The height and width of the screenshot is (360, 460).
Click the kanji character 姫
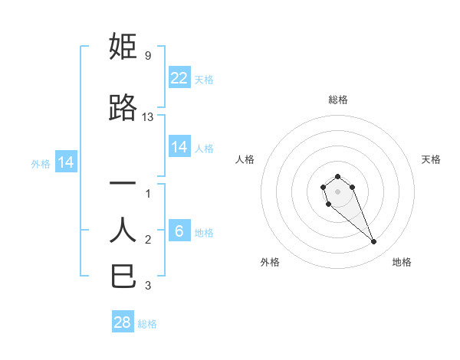(124, 47)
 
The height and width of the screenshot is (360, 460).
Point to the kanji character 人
(123, 230)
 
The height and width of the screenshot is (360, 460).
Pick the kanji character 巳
(124, 276)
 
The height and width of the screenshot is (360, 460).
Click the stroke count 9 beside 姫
(147, 56)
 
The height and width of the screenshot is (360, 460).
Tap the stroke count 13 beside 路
(148, 117)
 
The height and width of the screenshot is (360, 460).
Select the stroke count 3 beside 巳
(148, 286)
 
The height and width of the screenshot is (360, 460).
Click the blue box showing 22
(179, 78)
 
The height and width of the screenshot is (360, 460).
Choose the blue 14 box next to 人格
(179, 148)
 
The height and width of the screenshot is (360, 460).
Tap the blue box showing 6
(179, 232)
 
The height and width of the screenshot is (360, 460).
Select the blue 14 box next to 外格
(65, 162)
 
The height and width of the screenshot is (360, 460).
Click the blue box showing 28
(123, 323)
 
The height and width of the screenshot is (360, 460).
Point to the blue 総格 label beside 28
(147, 324)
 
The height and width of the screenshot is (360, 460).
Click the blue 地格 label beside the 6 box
(204, 233)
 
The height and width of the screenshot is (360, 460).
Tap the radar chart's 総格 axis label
(338, 100)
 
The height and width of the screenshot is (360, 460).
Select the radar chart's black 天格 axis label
(431, 159)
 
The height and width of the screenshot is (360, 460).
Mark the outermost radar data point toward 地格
(374, 242)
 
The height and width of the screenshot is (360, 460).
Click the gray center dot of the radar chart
(337, 191)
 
